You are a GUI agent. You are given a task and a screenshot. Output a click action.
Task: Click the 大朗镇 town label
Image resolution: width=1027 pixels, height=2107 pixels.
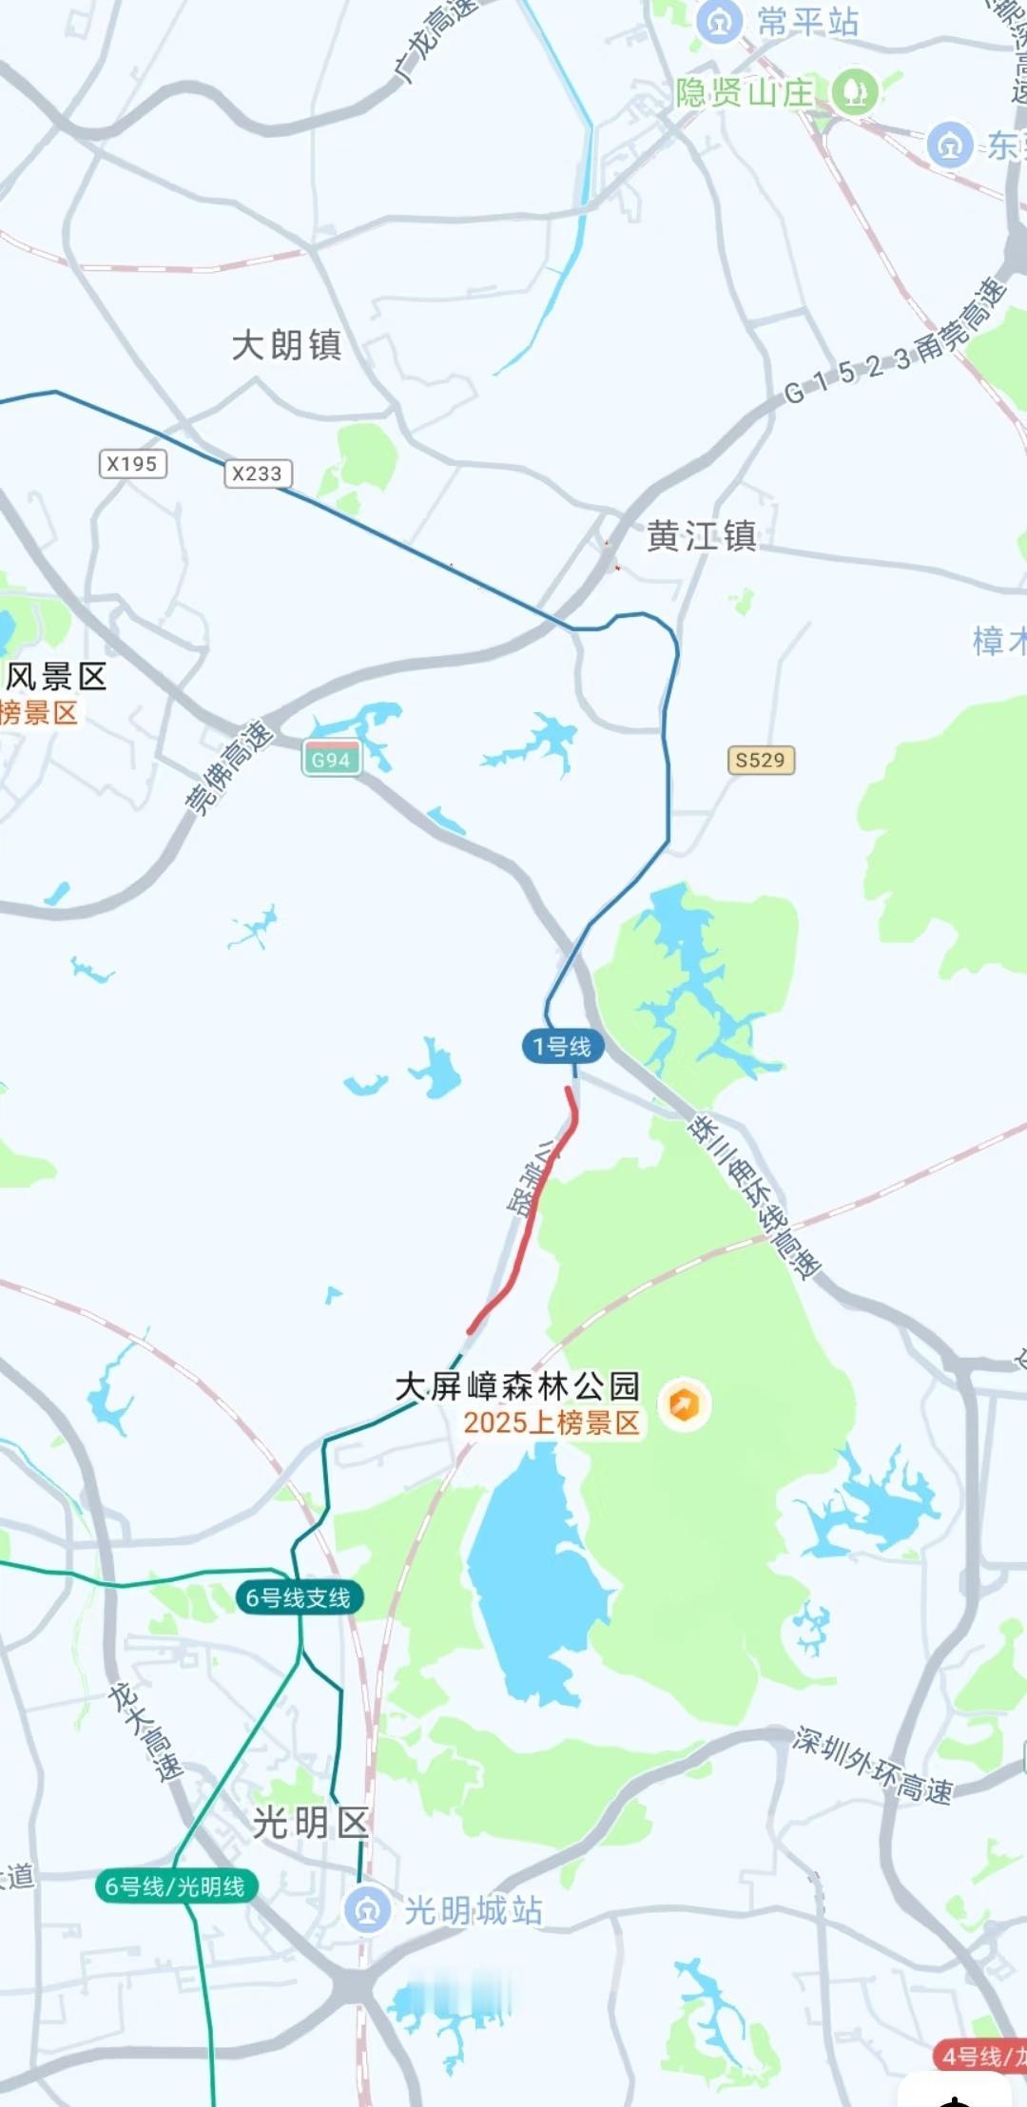coord(286,345)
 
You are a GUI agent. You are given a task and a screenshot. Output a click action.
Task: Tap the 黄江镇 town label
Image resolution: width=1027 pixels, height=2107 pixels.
coord(702,536)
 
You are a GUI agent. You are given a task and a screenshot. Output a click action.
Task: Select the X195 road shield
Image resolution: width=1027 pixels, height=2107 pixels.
coord(132,464)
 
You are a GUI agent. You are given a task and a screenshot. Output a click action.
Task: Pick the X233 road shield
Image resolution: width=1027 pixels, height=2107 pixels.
coord(258,474)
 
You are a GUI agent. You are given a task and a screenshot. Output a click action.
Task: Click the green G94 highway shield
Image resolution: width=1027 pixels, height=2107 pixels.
coord(331,760)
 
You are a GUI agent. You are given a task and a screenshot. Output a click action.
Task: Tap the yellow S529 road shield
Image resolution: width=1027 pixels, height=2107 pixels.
coord(760,760)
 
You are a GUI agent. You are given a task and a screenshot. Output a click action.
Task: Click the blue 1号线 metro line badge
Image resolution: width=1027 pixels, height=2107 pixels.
coord(562,1047)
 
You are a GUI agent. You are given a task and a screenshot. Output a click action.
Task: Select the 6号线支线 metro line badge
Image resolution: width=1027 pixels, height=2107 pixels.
coord(299,1597)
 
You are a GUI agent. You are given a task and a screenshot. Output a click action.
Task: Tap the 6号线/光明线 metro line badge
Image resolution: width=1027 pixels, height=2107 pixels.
coord(175,1885)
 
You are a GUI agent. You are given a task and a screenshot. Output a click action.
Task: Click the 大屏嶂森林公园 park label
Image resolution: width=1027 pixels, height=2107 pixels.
coord(517,1386)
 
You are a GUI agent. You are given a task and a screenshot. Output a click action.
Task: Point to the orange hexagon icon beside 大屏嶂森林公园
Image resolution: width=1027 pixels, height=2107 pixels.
coord(684,1403)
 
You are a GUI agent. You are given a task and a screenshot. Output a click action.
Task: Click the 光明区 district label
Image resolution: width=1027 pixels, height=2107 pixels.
coord(310,1823)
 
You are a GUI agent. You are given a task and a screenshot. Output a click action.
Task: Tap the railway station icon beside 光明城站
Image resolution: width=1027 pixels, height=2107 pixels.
coord(367,1909)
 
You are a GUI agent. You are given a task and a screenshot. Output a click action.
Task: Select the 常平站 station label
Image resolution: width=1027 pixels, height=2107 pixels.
coord(807,22)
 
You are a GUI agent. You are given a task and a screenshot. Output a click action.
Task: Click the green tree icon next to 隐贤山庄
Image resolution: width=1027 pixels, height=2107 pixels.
coord(854,92)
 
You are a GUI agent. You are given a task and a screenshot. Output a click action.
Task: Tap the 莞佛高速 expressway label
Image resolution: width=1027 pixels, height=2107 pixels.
coord(228,767)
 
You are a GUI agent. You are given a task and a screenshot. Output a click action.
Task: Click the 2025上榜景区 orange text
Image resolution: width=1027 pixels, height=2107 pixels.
coord(552,1422)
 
